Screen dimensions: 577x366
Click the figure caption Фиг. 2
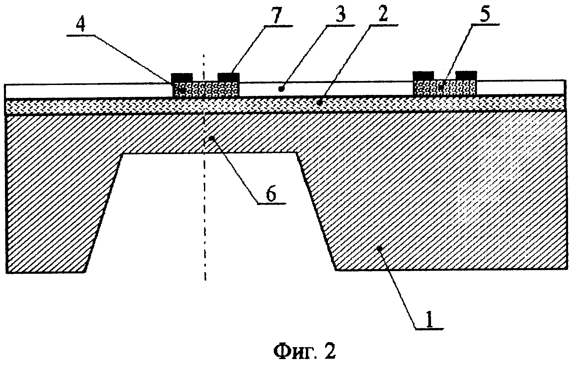[304, 351]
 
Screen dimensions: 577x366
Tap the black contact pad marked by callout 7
[228, 77]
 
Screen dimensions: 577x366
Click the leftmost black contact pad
[181, 77]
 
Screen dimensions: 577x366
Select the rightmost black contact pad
[466, 76]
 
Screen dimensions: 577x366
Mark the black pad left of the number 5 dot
[423, 76]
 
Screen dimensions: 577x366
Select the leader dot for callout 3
[281, 89]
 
